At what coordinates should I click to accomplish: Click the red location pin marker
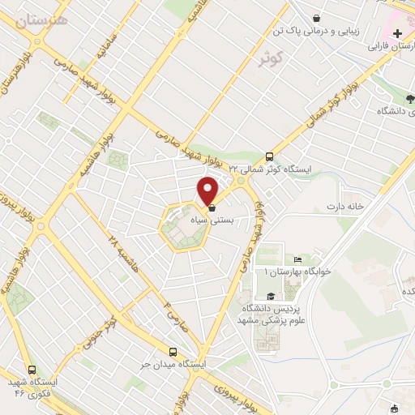[x=207, y=191]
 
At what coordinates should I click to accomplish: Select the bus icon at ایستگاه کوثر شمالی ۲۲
[x=270, y=157]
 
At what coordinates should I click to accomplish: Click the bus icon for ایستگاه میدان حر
[x=173, y=352]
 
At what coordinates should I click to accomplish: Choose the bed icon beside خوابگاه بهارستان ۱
[x=297, y=259]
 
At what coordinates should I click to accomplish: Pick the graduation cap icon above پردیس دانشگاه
[x=269, y=297]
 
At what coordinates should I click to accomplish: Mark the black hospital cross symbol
[x=397, y=34]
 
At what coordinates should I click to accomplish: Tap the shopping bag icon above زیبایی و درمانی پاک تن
[x=315, y=17]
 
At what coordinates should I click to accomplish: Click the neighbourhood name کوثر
[x=273, y=60]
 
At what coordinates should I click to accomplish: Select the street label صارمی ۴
[x=173, y=309]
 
